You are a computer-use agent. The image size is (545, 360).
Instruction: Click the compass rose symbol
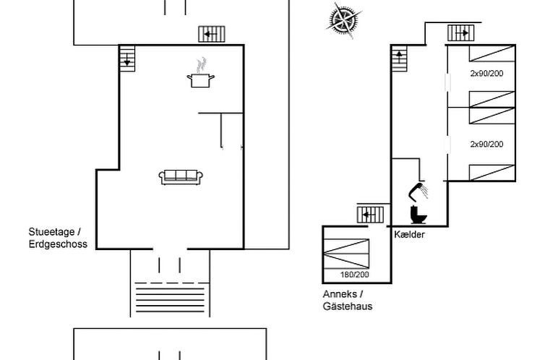(x=343, y=20)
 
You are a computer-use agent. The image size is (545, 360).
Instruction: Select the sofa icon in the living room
(x=181, y=177)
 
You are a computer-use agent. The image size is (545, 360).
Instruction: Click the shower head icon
(x=418, y=192)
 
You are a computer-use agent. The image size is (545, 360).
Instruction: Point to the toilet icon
(x=418, y=215)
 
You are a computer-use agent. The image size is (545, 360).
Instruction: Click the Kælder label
(x=409, y=234)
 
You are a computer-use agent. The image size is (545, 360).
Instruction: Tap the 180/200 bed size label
(x=354, y=275)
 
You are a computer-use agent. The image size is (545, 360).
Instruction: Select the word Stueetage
(x=51, y=232)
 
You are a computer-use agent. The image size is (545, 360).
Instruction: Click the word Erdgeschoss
(x=58, y=244)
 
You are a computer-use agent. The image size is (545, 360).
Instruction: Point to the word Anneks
(x=340, y=294)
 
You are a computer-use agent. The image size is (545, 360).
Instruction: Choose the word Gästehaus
(x=348, y=306)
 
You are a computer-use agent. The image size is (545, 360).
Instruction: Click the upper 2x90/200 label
(x=486, y=73)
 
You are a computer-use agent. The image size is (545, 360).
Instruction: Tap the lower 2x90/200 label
(x=486, y=144)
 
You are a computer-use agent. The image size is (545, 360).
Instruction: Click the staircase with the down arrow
(x=127, y=59)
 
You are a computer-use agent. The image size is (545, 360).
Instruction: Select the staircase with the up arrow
(x=400, y=59)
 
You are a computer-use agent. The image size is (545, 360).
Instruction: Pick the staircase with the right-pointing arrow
(x=461, y=33)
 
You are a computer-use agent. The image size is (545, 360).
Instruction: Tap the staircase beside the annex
(x=371, y=215)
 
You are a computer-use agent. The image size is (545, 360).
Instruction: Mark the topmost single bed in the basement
(x=492, y=53)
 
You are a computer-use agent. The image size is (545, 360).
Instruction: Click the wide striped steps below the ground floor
(x=170, y=297)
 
